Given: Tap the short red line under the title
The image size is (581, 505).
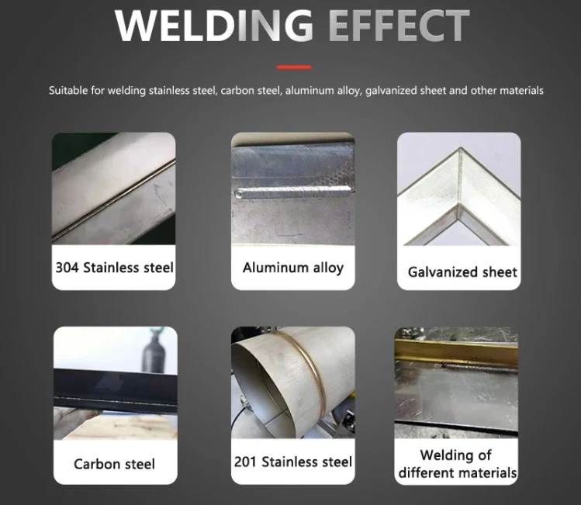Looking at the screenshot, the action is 293,67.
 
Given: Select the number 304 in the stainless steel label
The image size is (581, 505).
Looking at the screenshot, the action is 67,268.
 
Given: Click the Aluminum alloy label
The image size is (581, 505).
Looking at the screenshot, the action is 292,268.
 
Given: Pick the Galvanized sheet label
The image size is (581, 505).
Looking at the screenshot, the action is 462,272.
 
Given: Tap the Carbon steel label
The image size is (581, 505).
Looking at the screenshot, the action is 114,464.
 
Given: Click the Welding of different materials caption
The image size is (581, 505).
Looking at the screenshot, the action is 457,464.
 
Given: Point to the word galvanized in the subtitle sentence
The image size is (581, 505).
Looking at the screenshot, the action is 395,91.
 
